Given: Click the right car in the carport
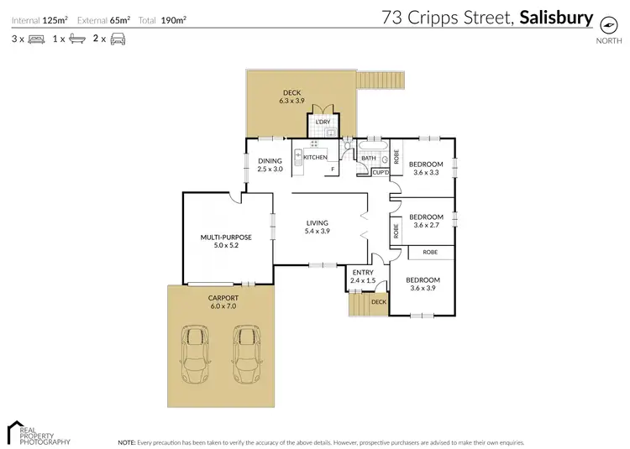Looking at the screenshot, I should pos(246,352).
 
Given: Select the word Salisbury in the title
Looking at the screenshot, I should pos(556,17).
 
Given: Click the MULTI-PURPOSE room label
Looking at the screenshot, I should pos(226,238).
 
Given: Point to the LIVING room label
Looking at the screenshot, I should pos(317,222).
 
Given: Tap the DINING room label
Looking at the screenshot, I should pos(270,161).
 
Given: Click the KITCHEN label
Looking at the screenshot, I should pos(315,158).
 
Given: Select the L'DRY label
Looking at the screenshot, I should pos(323,123).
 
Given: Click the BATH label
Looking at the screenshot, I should pos(368,158).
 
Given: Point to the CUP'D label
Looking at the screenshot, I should pos(381,173).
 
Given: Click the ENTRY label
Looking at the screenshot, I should pos(363,272).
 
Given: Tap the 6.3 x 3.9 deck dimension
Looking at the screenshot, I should pos(291,101).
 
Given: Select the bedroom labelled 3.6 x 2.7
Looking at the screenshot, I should pos(426,221).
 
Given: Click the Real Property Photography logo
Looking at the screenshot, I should pos(38,431).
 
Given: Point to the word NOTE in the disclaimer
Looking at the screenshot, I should pos(127,441).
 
